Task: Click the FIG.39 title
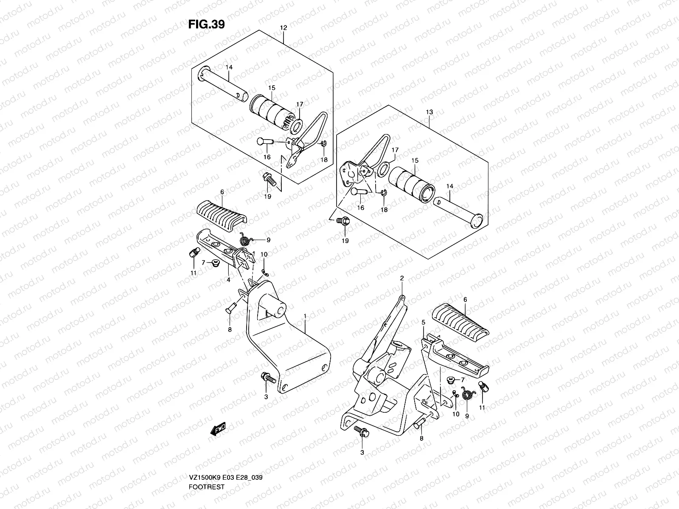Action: [206, 25]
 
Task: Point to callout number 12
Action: [283, 28]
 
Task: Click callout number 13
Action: [429, 112]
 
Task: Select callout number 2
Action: [401, 278]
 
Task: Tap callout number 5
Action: [423, 323]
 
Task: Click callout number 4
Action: [228, 280]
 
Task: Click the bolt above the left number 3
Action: [267, 376]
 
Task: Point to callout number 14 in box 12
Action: [230, 67]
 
